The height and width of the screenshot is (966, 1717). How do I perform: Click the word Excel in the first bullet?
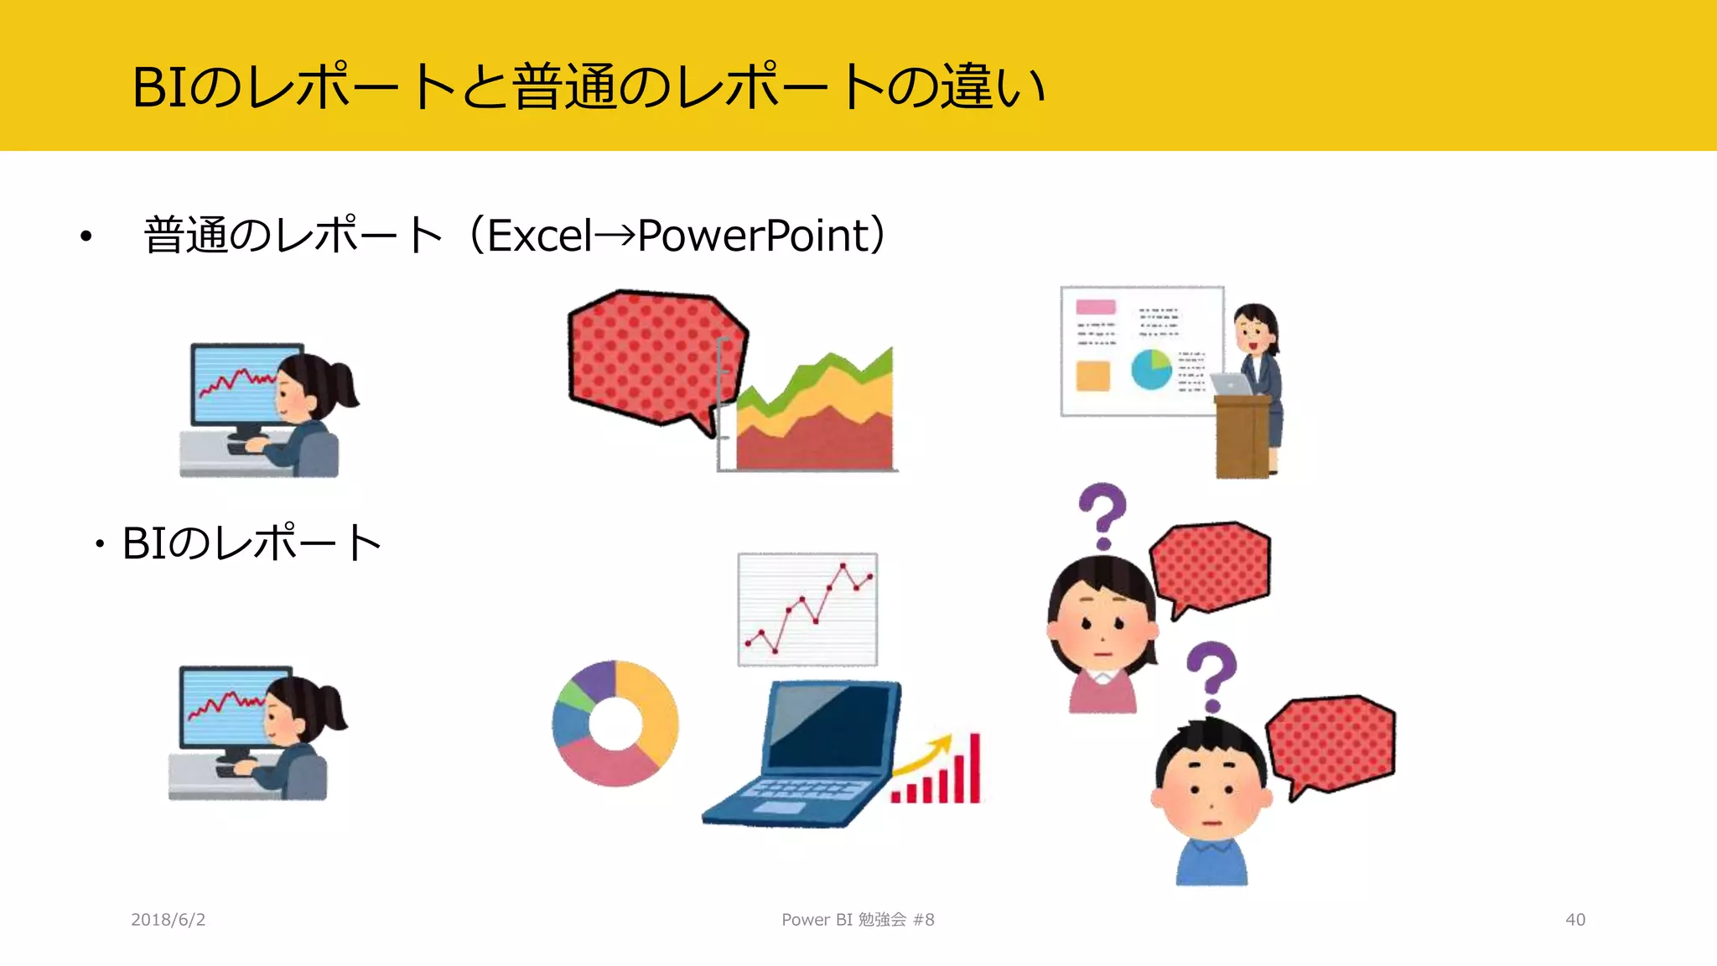click(539, 236)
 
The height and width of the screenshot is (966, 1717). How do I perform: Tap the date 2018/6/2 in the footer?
click(168, 920)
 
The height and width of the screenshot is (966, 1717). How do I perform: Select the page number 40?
click(1574, 920)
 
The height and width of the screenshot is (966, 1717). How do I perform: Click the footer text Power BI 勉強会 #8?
click(857, 920)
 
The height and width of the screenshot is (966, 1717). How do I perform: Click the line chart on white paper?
click(807, 610)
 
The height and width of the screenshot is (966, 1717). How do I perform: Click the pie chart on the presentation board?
click(1151, 369)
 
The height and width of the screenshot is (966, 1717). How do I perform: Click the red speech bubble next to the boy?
click(1331, 743)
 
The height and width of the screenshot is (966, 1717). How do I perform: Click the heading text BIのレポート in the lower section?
click(252, 543)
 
